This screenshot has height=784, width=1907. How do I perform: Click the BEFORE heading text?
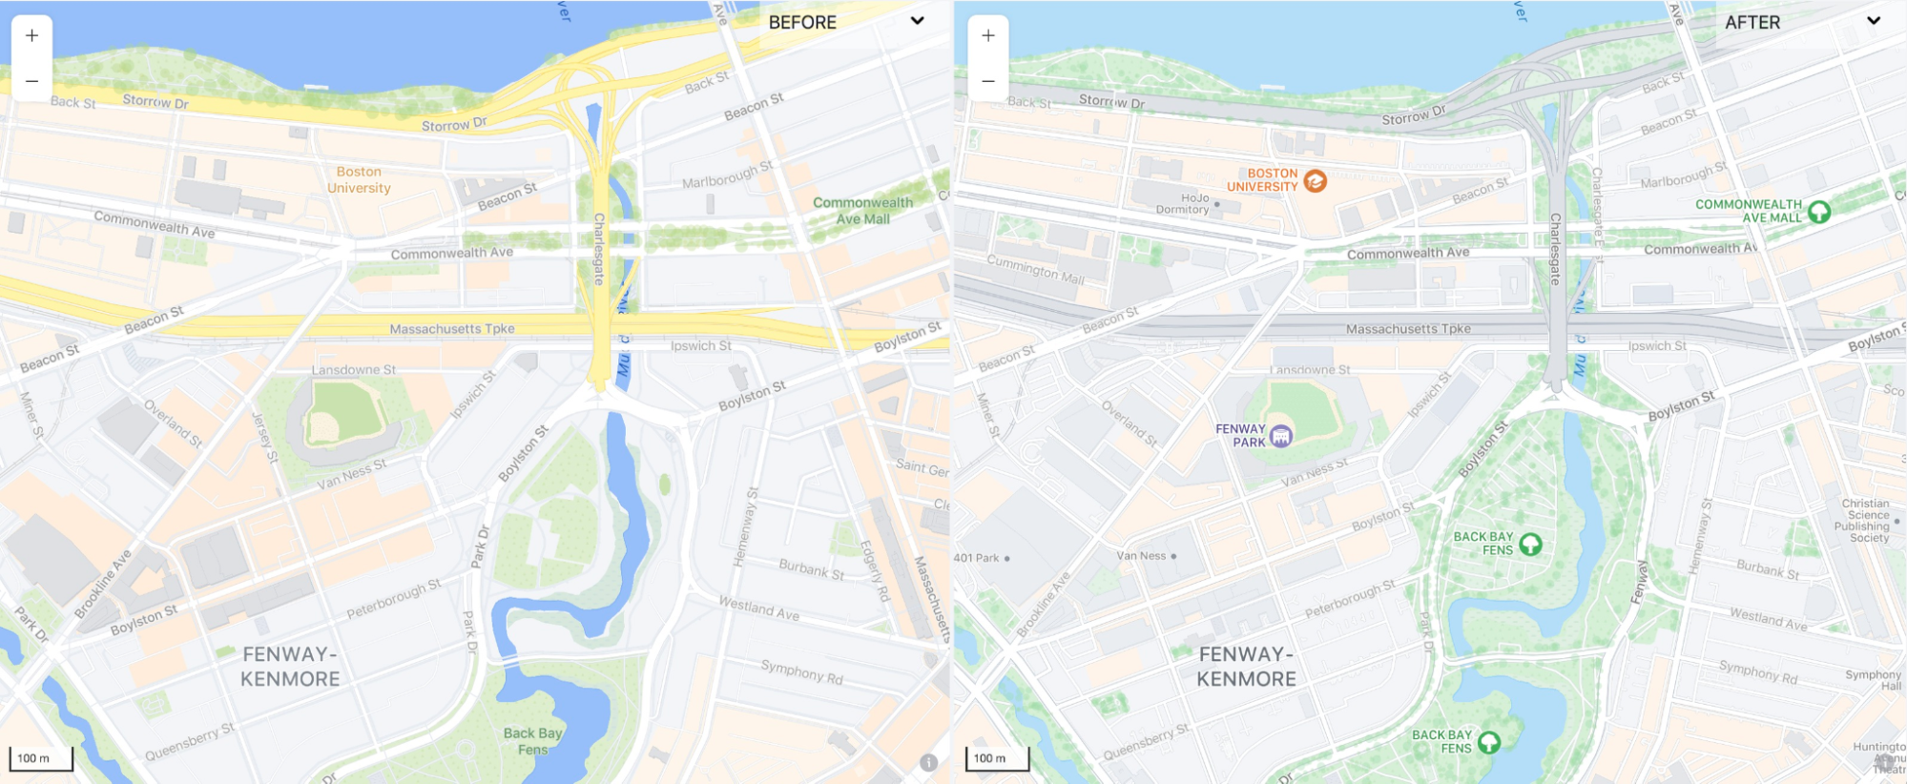point(802,22)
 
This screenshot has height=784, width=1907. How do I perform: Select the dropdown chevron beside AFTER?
point(1874,21)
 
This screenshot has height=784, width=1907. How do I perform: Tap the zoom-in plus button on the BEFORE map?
point(31,35)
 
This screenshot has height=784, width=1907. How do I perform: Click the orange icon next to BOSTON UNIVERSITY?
point(1315,180)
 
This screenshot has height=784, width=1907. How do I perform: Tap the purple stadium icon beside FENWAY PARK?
point(1281,436)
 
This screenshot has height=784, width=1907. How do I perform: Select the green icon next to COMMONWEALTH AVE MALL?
point(1819,212)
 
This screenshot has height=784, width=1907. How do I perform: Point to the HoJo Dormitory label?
point(1183,204)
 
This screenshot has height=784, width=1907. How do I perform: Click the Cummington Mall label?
point(1036,268)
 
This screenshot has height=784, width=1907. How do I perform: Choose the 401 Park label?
point(977,558)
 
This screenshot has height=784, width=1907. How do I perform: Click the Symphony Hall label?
point(1874,680)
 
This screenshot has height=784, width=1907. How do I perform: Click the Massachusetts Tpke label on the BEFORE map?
point(452,329)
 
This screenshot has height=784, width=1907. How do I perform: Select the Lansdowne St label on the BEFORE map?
point(353,370)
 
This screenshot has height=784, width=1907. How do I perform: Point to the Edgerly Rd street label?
point(875,570)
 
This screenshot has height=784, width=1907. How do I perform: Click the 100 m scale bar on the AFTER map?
point(997,758)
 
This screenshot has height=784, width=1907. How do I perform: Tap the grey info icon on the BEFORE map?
point(928,762)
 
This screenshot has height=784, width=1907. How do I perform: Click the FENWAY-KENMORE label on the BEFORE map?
point(290,667)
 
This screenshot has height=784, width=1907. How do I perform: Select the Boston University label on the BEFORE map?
point(359,179)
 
